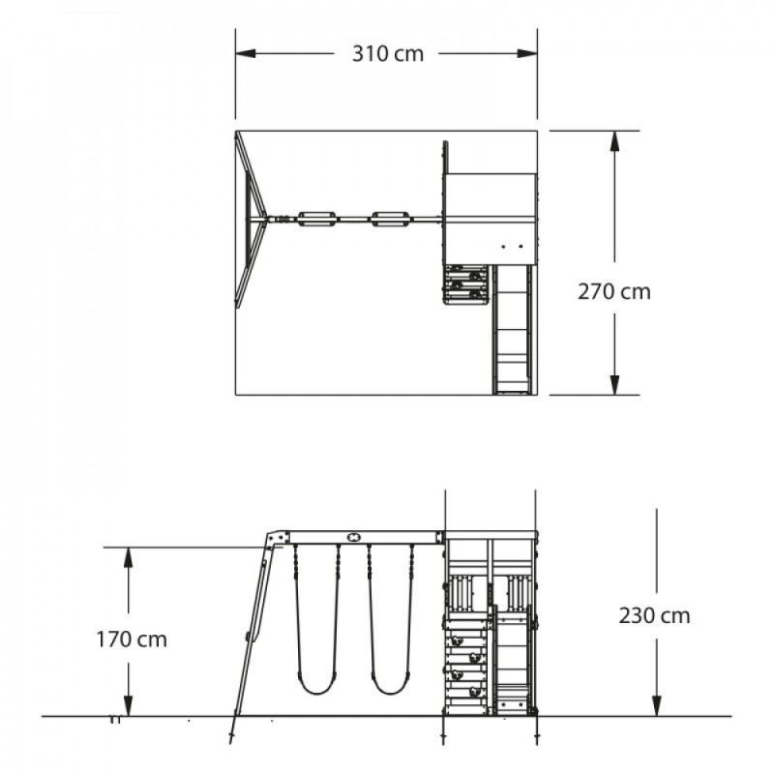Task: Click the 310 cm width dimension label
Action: pos(388,54)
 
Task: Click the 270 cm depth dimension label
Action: pos(614,292)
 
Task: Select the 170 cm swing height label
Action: pos(132,640)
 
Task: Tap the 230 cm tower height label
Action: pos(654,615)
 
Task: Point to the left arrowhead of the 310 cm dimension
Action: pos(246,53)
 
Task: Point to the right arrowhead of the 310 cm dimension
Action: pos(527,53)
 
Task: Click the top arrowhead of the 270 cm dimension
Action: pos(614,141)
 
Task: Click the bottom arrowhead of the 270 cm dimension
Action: pos(614,384)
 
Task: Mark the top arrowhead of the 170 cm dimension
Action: pos(129,557)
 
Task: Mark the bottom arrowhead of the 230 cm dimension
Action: pos(657,705)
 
